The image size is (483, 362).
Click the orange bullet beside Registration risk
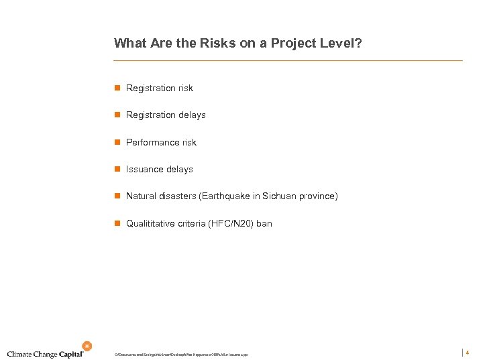tap(117, 88)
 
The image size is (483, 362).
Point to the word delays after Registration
tap(192, 115)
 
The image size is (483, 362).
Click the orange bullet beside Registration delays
tap(117, 115)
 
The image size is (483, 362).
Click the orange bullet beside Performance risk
tap(117, 142)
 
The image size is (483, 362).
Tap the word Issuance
tap(145, 170)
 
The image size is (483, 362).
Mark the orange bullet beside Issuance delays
tap(117, 170)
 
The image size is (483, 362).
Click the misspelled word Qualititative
tap(151, 223)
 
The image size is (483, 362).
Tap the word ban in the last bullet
tap(264, 223)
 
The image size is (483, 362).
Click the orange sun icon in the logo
tap(87, 346)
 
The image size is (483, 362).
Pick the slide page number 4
tap(468, 353)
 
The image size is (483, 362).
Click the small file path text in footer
tap(181, 355)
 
